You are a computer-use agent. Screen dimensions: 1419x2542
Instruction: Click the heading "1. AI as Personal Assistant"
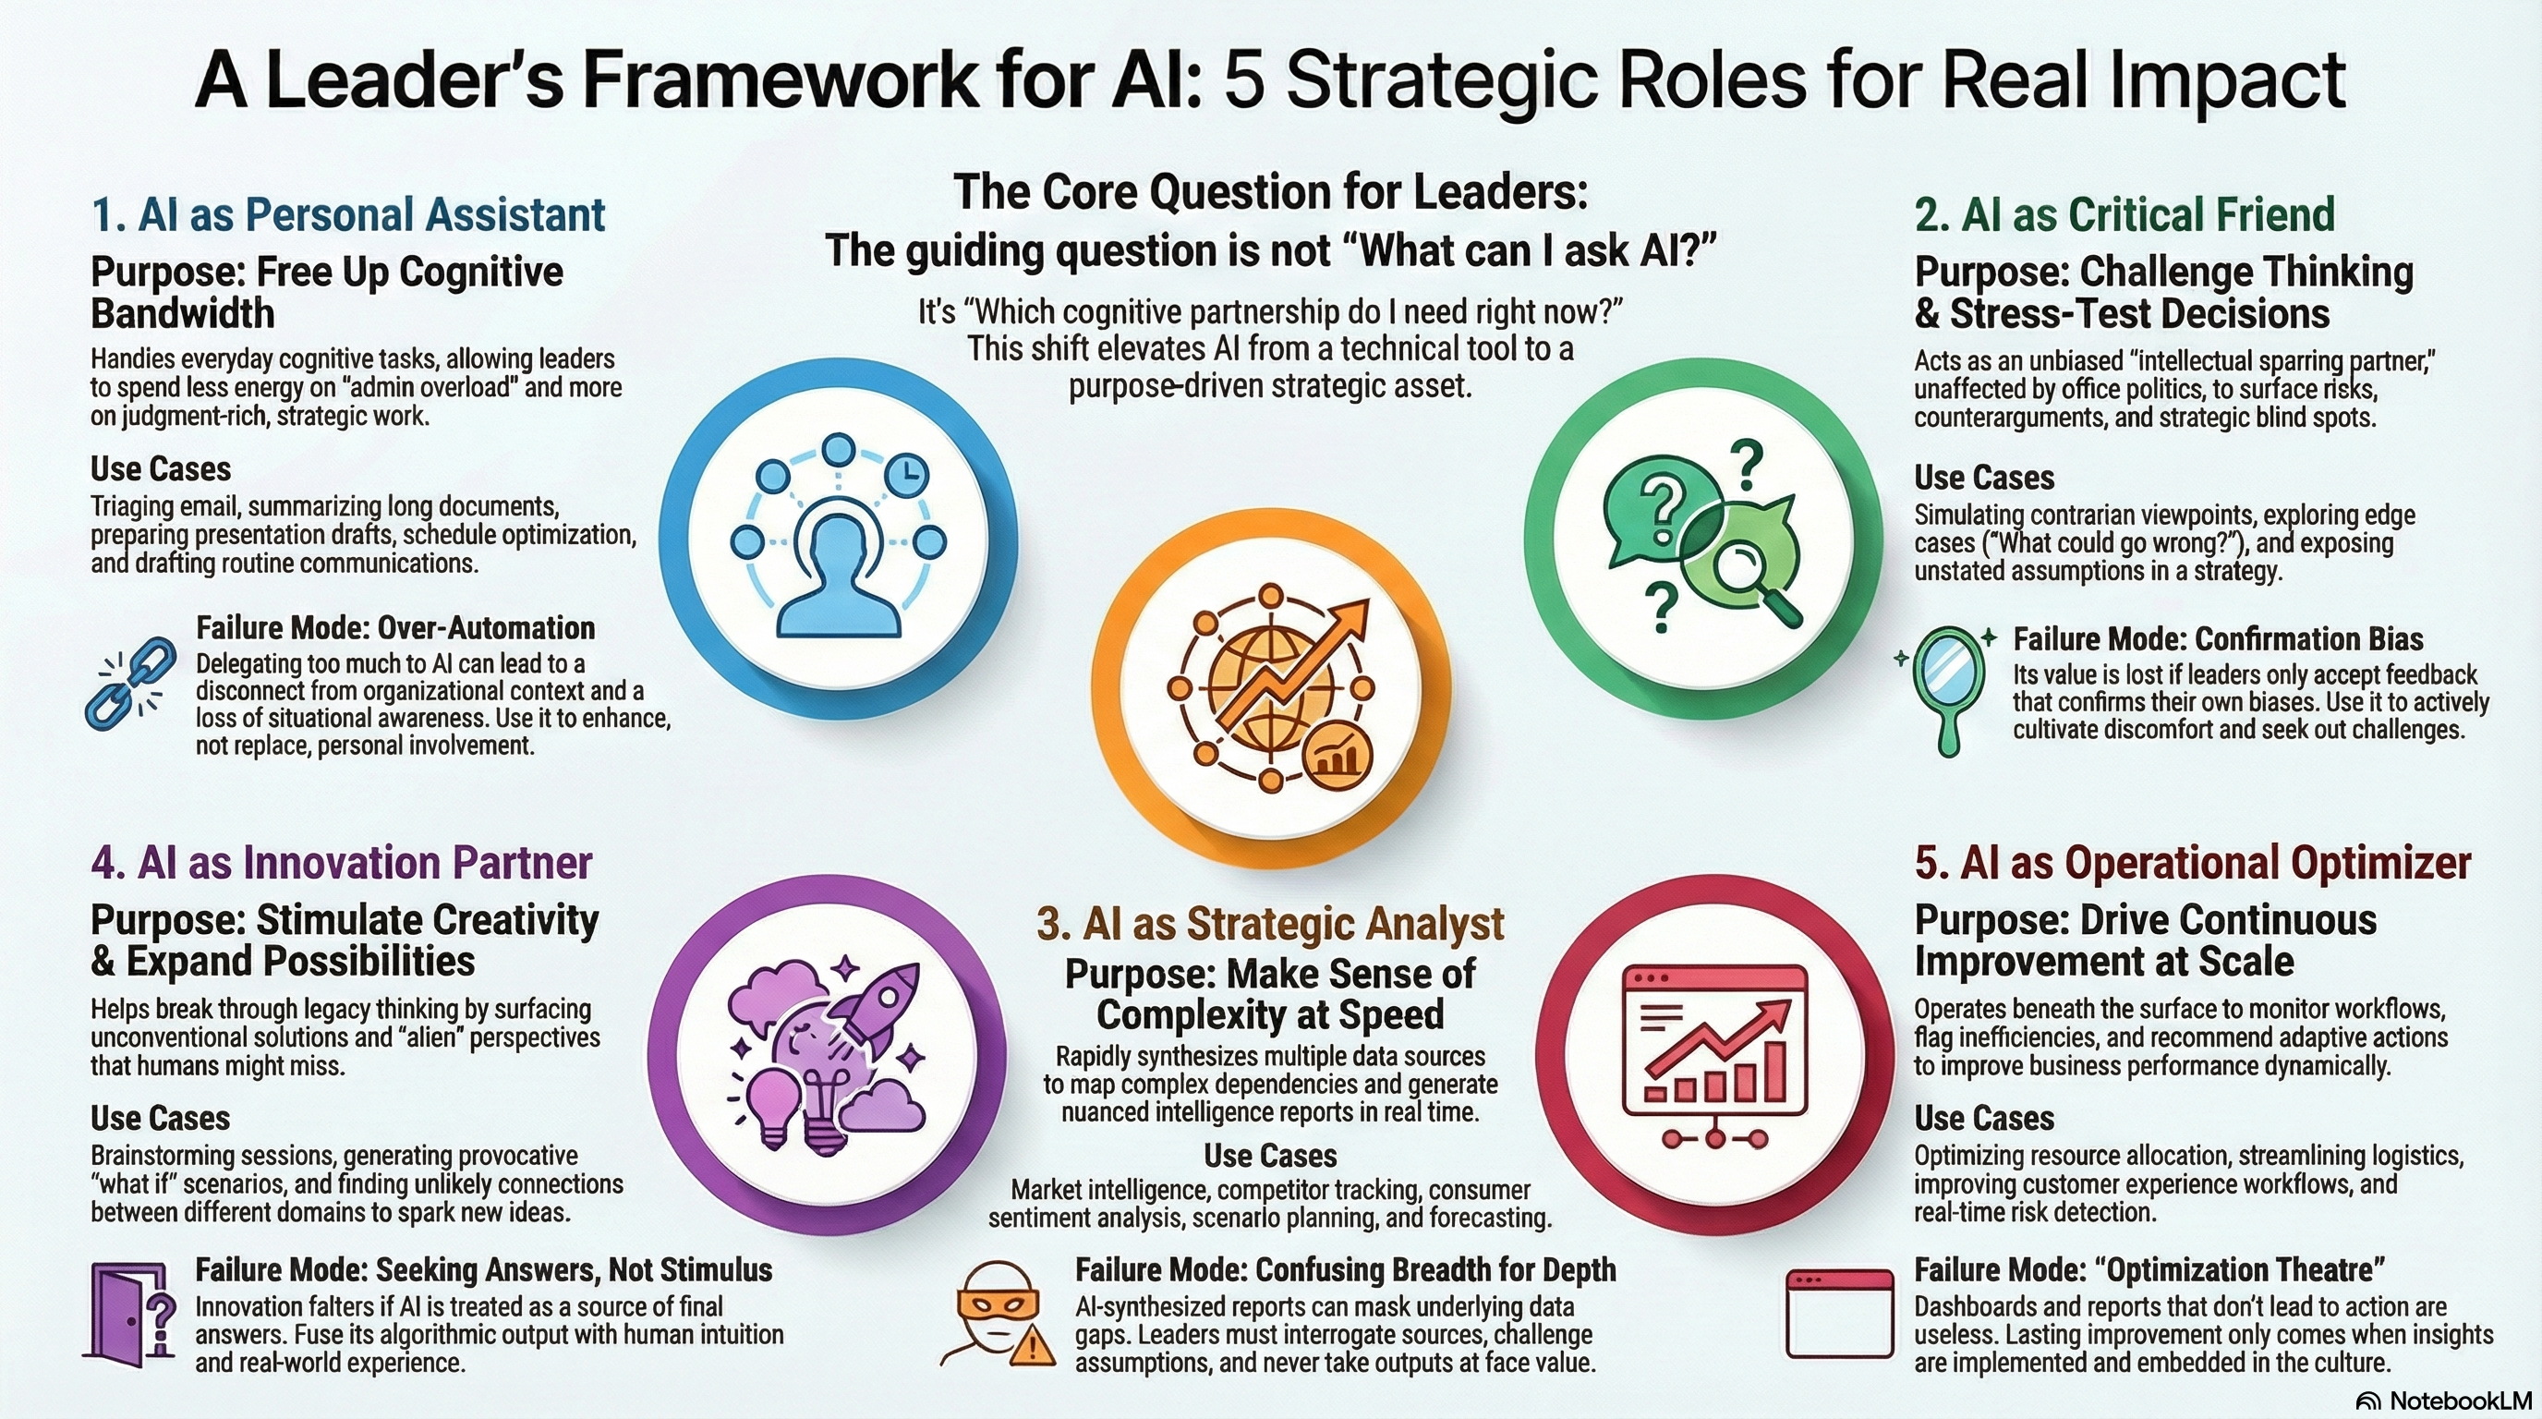(347, 215)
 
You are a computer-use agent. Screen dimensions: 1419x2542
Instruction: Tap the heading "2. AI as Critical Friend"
(2124, 215)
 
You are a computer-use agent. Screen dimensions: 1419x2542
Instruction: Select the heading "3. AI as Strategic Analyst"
(1270, 924)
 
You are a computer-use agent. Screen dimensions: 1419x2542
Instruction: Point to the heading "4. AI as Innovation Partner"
(342, 863)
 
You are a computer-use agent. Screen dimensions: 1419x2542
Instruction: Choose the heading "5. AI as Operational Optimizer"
(2193, 863)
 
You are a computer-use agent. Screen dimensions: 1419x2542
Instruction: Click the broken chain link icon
(130, 683)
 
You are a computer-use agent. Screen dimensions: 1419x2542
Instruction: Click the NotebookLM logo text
(2443, 1401)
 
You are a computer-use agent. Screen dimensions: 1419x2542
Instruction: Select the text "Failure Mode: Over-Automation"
(394, 627)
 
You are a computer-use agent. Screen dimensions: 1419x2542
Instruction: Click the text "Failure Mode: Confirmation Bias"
(2218, 638)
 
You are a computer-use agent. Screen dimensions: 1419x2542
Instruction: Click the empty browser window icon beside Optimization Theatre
(1839, 1315)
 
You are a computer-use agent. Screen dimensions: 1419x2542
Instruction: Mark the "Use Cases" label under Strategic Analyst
(1270, 1156)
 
